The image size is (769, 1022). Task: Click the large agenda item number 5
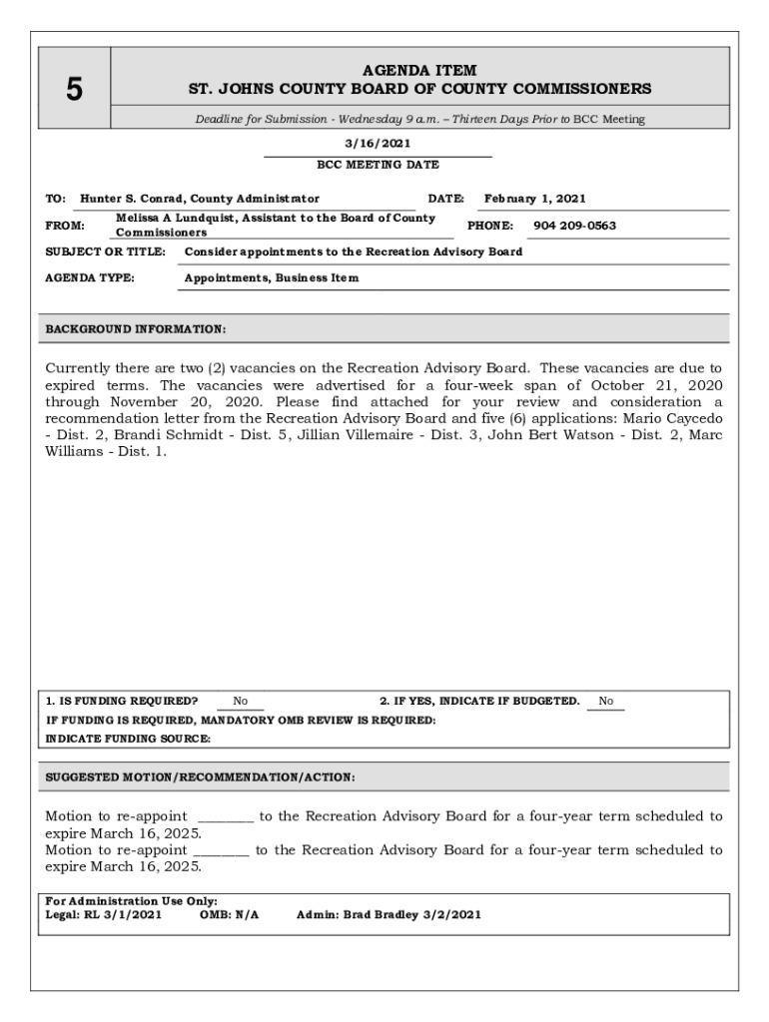coord(74,90)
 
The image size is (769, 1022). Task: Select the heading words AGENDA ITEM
coord(419,71)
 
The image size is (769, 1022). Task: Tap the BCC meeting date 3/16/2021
coord(378,144)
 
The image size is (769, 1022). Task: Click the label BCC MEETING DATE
coord(378,165)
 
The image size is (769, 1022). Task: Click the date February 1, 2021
coord(534,199)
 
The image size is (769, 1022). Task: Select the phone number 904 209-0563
coord(574,226)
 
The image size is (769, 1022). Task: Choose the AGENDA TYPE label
coord(91,277)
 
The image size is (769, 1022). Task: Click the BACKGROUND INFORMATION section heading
coord(136,329)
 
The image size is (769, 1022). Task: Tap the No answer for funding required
coord(241,702)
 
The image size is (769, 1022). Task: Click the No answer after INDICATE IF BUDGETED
coord(606,702)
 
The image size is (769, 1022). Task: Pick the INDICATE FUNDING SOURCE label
coord(128,739)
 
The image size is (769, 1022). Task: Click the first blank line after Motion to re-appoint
coord(225,817)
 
